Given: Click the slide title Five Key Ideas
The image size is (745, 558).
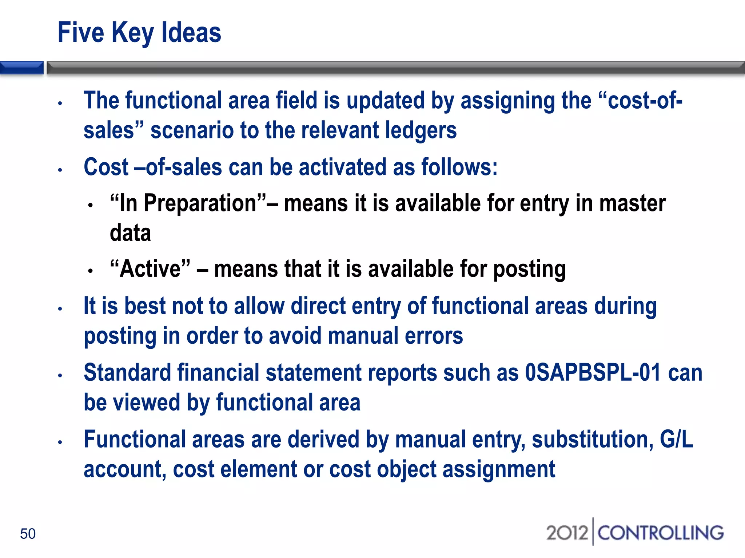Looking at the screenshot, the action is coord(139,33).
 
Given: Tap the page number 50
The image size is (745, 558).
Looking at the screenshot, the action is coord(28,534).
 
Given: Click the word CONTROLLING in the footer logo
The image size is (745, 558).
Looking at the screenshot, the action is coord(661,533).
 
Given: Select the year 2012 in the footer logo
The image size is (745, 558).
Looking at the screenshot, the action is coord(567,533).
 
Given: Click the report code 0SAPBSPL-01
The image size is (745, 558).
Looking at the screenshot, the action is coord(593,373).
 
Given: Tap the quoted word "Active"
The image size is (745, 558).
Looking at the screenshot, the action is coord(150,269).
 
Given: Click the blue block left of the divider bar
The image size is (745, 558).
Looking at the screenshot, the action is coord(21,68).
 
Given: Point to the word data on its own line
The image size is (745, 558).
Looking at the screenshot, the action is coord(130,233).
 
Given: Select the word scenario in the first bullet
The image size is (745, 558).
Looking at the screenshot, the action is coord(192,130).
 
